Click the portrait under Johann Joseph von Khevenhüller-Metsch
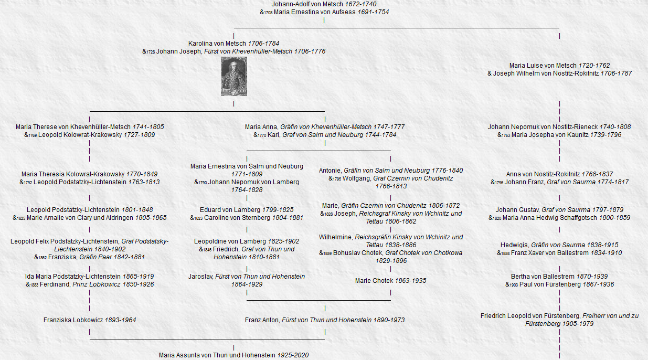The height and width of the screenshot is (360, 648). click(x=233, y=77)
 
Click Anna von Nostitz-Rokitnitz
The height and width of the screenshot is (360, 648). click(x=540, y=174)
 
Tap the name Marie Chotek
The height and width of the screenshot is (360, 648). click(x=374, y=281)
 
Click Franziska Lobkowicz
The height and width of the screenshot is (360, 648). click(x=73, y=320)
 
